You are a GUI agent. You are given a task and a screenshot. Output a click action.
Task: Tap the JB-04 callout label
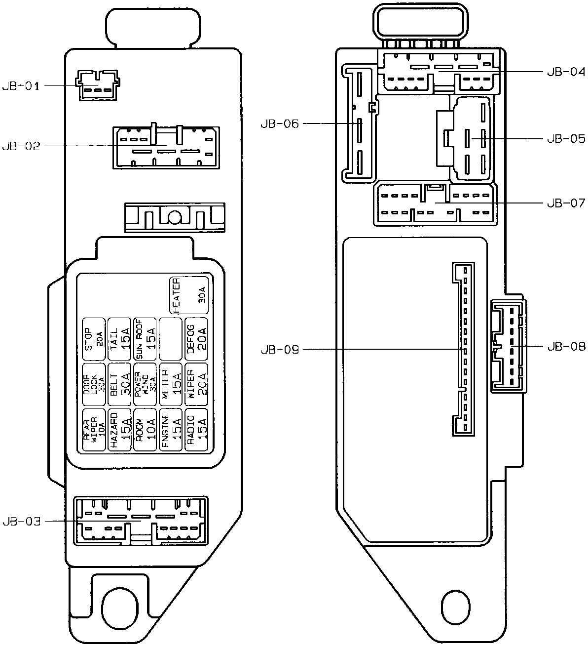[x=566, y=72]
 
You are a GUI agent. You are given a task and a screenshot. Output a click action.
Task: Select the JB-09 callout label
[x=280, y=350]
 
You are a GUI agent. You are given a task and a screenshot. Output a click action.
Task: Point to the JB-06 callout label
[x=280, y=123]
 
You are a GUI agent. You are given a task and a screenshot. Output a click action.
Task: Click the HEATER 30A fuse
[x=189, y=294]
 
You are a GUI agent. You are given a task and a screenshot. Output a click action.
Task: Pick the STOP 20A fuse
[x=94, y=339]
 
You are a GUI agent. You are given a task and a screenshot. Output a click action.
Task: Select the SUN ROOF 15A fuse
[x=145, y=339]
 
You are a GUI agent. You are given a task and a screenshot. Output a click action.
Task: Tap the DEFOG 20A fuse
[x=196, y=339]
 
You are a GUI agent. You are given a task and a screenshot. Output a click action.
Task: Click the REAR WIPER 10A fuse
[x=94, y=430]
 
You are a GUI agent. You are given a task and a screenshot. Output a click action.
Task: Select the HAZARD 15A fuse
[x=120, y=430]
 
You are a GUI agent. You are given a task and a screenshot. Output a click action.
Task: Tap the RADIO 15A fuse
[x=196, y=430]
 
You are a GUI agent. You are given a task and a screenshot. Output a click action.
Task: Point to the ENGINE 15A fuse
[x=171, y=430]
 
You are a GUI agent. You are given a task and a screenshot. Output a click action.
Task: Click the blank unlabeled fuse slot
[x=171, y=339]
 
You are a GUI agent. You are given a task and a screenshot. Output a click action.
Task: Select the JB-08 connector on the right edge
[x=508, y=346]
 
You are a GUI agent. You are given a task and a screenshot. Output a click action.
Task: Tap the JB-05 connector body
[x=473, y=138]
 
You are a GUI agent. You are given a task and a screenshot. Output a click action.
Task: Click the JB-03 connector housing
[x=141, y=521]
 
